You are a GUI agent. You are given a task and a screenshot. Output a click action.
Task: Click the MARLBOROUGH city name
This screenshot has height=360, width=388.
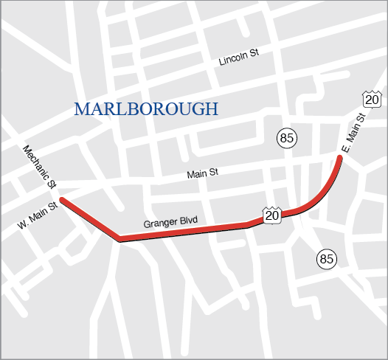(146, 110)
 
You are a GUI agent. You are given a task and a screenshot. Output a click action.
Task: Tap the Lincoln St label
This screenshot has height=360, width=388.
(239, 58)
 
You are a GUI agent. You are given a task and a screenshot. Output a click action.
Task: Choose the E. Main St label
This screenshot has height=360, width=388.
(353, 134)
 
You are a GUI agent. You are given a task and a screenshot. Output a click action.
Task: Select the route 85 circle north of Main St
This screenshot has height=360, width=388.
(287, 137)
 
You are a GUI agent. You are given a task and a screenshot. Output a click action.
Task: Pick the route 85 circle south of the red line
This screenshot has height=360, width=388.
(327, 258)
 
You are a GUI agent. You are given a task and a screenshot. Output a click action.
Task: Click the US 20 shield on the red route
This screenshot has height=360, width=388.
(272, 215)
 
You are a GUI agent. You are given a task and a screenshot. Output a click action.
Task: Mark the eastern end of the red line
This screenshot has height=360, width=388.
(341, 156)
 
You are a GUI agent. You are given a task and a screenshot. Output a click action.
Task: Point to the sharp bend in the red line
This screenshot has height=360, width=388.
(119, 238)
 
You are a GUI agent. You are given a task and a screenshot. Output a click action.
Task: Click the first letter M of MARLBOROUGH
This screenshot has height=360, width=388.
(81, 110)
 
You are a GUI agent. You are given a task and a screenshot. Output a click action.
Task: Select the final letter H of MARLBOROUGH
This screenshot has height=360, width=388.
(212, 110)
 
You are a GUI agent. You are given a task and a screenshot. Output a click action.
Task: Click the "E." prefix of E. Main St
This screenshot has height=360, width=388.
(344, 149)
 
